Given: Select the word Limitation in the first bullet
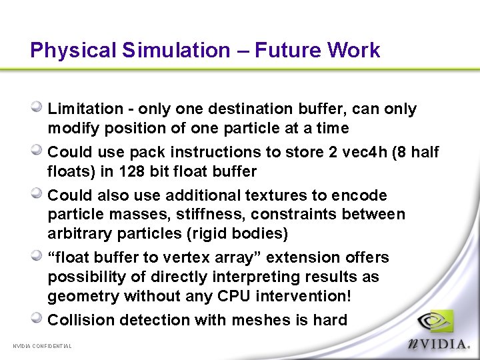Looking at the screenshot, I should (85, 109).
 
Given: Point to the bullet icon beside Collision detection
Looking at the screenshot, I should (37, 318).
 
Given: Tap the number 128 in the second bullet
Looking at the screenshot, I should (132, 171).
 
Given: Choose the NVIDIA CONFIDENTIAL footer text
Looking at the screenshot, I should (43, 345).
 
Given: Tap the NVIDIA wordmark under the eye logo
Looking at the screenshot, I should (438, 343).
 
